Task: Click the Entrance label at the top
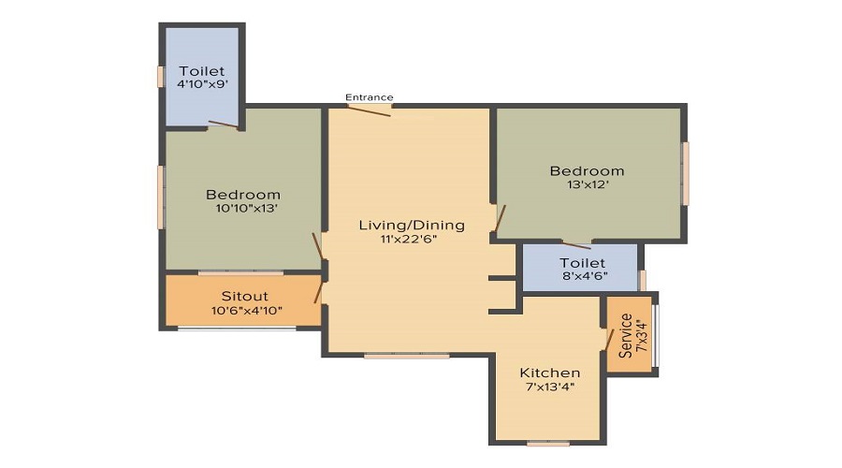(370, 97)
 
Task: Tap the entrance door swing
(369, 110)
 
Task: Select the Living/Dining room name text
(412, 225)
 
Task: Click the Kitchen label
(550, 373)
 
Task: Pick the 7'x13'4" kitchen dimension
(550, 387)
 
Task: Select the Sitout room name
(245, 296)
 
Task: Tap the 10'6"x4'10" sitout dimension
(247, 310)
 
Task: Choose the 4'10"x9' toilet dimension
(203, 84)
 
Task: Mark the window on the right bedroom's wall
(685, 173)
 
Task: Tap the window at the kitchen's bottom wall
(548, 443)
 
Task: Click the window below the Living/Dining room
(406, 356)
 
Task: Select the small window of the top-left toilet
(161, 77)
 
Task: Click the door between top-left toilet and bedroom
(223, 124)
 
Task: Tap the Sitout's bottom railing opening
(237, 328)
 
